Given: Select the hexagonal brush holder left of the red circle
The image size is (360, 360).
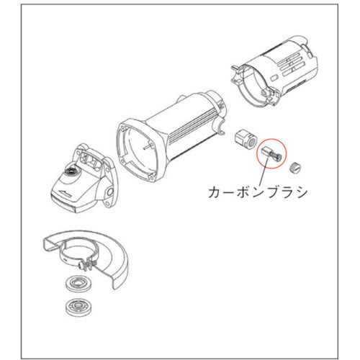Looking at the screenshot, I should click(x=247, y=139).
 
